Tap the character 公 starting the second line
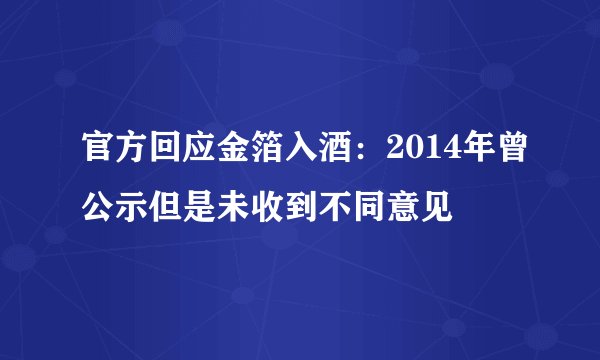(97, 209)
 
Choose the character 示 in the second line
(130, 209)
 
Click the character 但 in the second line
(163, 209)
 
